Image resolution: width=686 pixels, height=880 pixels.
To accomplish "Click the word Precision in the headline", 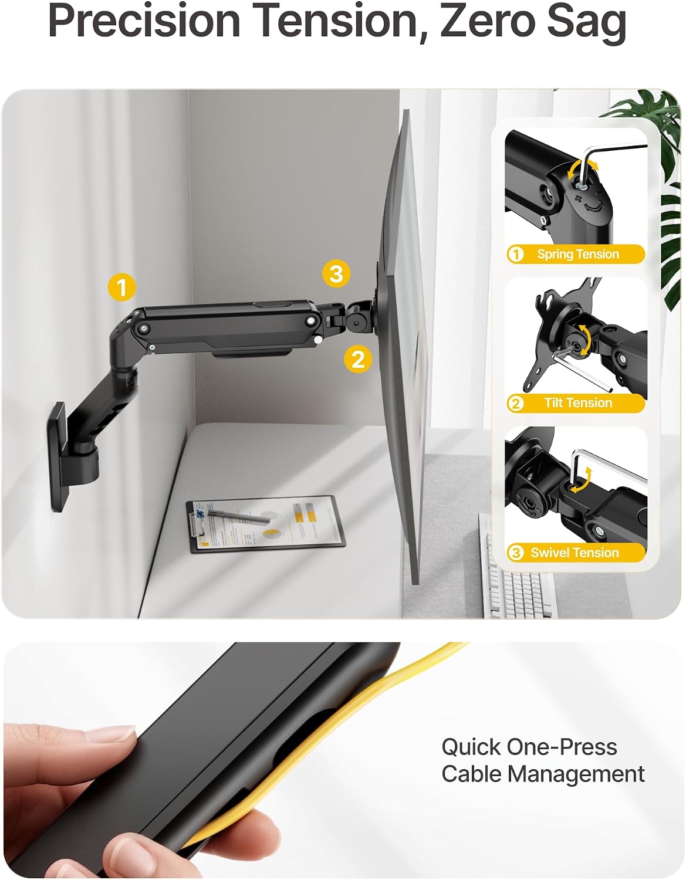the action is [x=144, y=21].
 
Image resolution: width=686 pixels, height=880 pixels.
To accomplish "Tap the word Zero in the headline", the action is [x=492, y=21].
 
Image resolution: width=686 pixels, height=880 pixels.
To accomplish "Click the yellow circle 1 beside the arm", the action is [x=121, y=287].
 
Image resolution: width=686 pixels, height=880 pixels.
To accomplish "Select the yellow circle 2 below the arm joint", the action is [x=358, y=359].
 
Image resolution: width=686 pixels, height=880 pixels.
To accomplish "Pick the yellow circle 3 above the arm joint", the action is [x=336, y=273].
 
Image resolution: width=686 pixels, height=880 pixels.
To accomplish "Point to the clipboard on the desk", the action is [x=265, y=524].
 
